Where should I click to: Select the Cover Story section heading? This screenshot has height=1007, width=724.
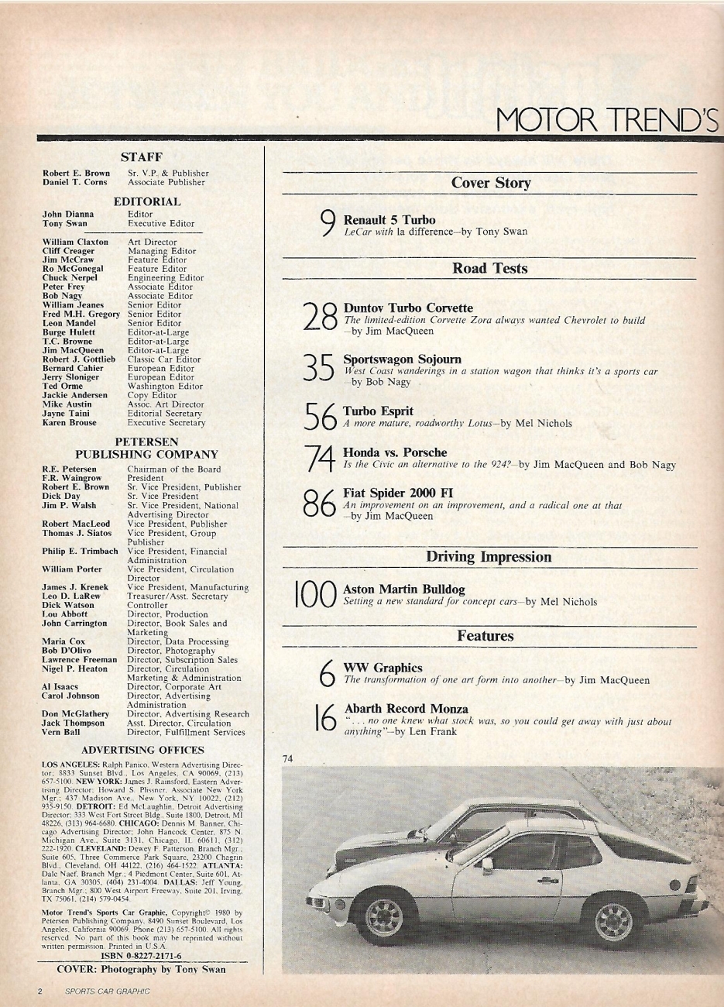tap(490, 184)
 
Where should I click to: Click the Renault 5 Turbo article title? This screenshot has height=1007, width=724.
tap(389, 220)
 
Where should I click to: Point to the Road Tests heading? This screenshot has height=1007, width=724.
tap(489, 269)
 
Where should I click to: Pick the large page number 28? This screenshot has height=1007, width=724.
tap(320, 316)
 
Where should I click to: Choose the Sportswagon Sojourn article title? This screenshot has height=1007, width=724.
tap(402, 359)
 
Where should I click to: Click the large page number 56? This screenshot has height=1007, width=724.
tap(321, 418)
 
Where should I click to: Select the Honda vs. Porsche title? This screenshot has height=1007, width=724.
tap(394, 452)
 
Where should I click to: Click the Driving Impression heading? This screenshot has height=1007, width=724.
tap(489, 557)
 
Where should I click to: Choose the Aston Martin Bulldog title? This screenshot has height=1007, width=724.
tap(403, 589)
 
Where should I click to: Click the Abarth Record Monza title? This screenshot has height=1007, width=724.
tap(406, 709)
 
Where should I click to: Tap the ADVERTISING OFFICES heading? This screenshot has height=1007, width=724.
tap(142, 750)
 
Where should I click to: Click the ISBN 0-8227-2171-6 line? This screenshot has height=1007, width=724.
tap(141, 957)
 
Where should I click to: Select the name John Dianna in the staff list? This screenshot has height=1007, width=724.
tap(68, 214)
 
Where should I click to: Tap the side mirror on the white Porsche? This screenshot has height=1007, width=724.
tap(487, 866)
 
